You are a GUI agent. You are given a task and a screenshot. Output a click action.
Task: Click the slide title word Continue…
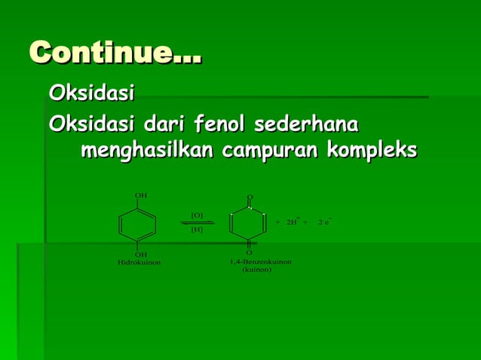(115, 54)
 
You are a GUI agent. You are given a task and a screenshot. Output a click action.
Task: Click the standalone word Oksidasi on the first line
(91, 94)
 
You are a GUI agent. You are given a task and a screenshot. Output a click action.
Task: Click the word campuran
(274, 151)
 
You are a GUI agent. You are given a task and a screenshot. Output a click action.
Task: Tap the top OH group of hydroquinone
(140, 196)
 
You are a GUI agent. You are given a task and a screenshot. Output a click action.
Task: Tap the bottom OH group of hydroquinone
(140, 255)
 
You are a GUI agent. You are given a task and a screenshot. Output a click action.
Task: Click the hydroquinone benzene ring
(137, 224)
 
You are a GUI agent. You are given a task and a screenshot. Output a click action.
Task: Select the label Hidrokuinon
(139, 263)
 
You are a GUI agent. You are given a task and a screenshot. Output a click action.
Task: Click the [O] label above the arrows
(197, 215)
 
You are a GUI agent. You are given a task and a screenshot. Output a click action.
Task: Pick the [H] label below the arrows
(197, 230)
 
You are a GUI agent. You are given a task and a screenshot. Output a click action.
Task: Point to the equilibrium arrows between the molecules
(198, 222)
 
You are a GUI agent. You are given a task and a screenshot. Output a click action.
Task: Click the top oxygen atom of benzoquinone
(250, 197)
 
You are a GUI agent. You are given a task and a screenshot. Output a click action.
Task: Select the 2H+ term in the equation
(293, 222)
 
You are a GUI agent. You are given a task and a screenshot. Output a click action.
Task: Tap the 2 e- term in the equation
(326, 222)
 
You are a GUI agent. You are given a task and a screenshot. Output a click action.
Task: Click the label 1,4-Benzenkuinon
(261, 261)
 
